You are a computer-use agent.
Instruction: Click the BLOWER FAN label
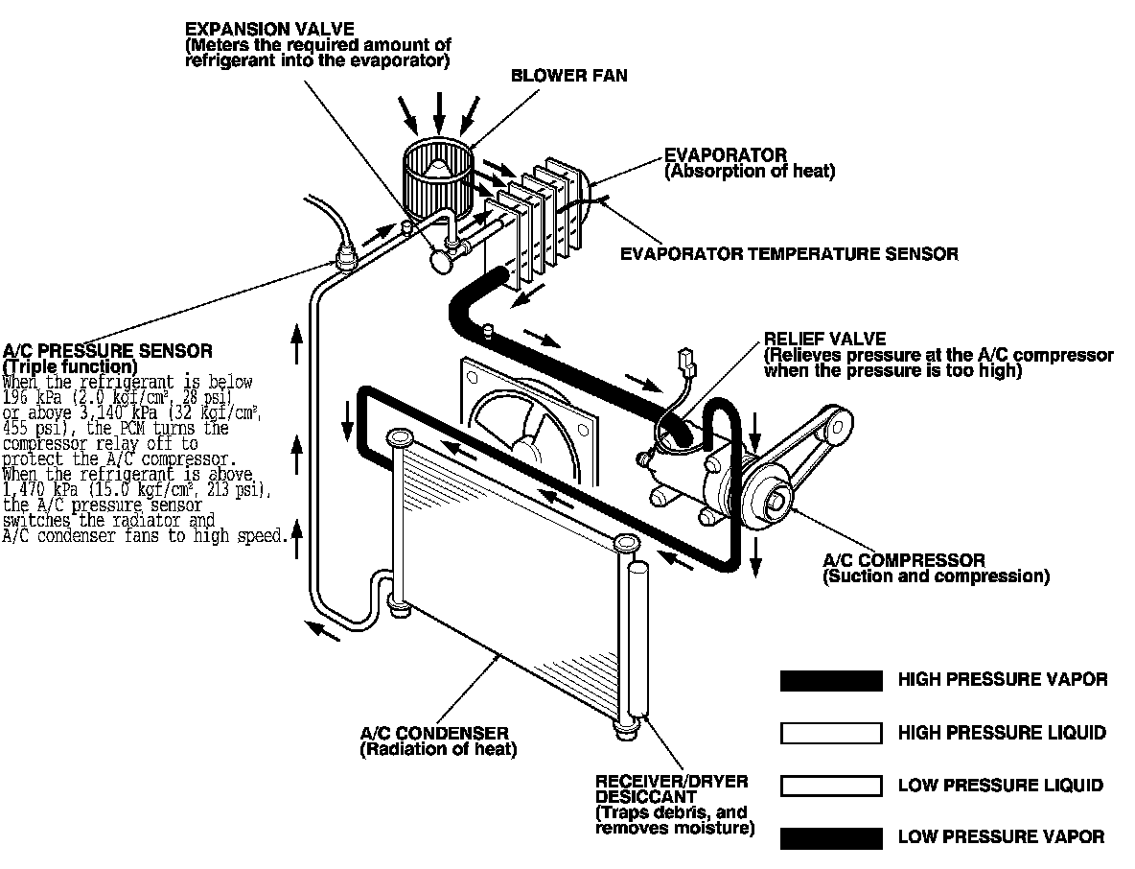(569, 75)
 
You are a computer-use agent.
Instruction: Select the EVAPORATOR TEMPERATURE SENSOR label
(789, 254)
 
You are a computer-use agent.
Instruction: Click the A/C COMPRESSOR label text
(903, 560)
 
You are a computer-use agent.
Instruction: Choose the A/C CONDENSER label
(434, 734)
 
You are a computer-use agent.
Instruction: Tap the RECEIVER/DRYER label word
(671, 782)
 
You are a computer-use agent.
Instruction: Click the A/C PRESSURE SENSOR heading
(108, 352)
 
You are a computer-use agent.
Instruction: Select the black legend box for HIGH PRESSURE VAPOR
(831, 681)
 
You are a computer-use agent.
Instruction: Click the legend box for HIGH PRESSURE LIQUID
(831, 734)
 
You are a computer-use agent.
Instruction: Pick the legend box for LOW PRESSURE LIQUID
(831, 786)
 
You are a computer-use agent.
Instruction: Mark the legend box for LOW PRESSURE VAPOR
(831, 837)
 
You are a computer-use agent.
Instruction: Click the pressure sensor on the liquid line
(342, 254)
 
